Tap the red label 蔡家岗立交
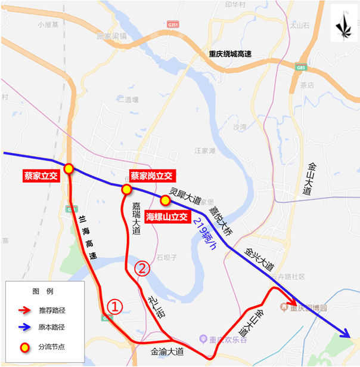[151, 176]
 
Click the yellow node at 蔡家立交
[69, 169]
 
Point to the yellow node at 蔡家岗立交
[126, 189]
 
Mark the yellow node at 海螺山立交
[165, 199]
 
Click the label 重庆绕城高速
[229, 54]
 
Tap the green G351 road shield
[173, 24]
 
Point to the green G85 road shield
[300, 67]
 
